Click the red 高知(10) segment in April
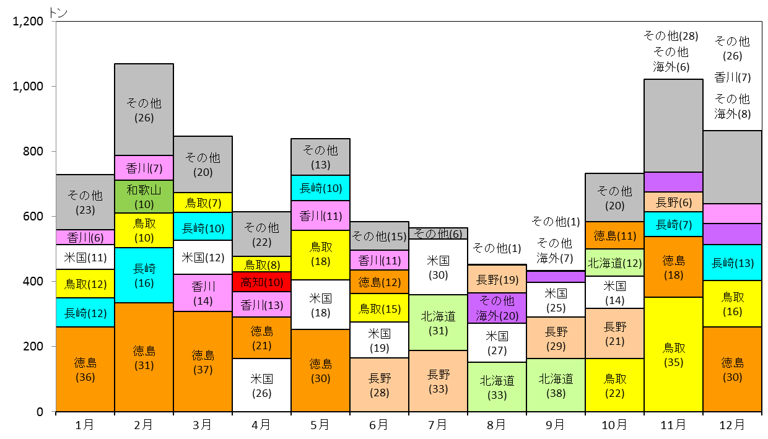(261, 282)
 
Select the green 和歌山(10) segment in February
(144, 197)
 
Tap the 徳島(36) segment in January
(85, 369)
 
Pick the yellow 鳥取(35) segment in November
(673, 354)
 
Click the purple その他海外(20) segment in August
(497, 308)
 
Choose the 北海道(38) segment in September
(556, 385)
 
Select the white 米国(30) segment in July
(438, 267)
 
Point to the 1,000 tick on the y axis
(54, 86)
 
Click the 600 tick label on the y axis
(33, 216)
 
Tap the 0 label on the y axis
(40, 412)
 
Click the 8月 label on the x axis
(496, 425)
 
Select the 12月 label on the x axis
(732, 425)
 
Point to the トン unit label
(58, 13)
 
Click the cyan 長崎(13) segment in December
(732, 263)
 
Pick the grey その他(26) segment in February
(144, 110)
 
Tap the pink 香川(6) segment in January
(85, 237)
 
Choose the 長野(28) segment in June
(379, 385)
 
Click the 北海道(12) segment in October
(614, 263)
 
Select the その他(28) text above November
(671, 36)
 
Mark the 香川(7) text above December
(732, 77)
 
